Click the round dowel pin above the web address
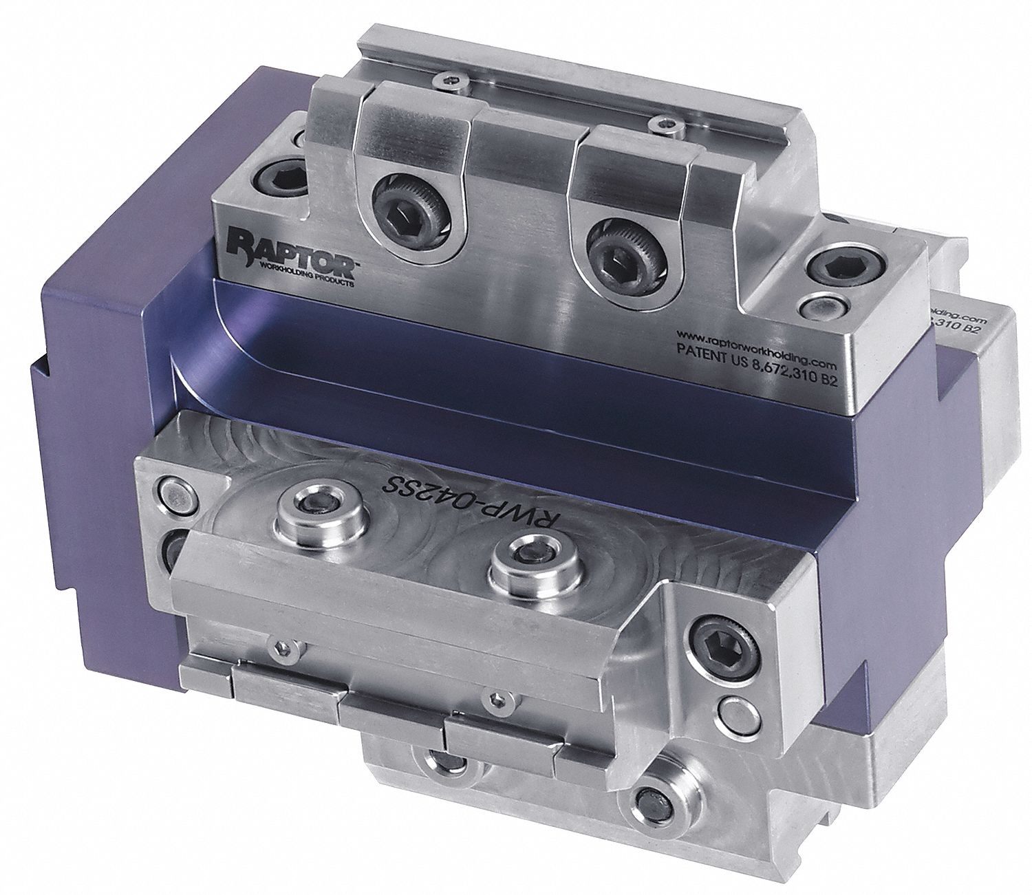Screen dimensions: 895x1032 (821, 305)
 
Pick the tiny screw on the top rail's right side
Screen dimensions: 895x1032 (663, 124)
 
